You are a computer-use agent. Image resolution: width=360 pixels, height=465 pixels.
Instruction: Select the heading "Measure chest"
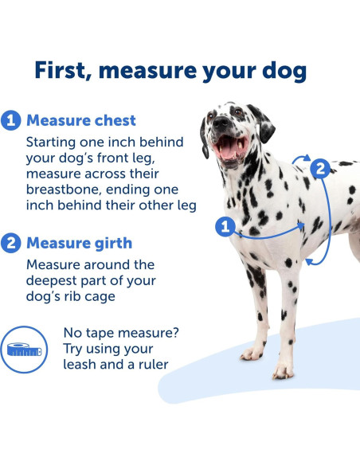[80, 121]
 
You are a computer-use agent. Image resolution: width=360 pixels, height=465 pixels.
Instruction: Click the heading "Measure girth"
[79, 243]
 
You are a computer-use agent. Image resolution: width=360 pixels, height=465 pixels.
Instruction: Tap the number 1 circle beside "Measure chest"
[11, 121]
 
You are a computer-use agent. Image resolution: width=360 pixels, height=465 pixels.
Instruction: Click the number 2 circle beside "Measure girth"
[11, 243]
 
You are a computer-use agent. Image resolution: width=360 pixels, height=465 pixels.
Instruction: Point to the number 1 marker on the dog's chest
[226, 228]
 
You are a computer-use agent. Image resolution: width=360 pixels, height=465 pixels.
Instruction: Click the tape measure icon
[24, 349]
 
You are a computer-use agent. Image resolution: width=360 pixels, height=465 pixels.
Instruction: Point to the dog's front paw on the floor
[283, 371]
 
